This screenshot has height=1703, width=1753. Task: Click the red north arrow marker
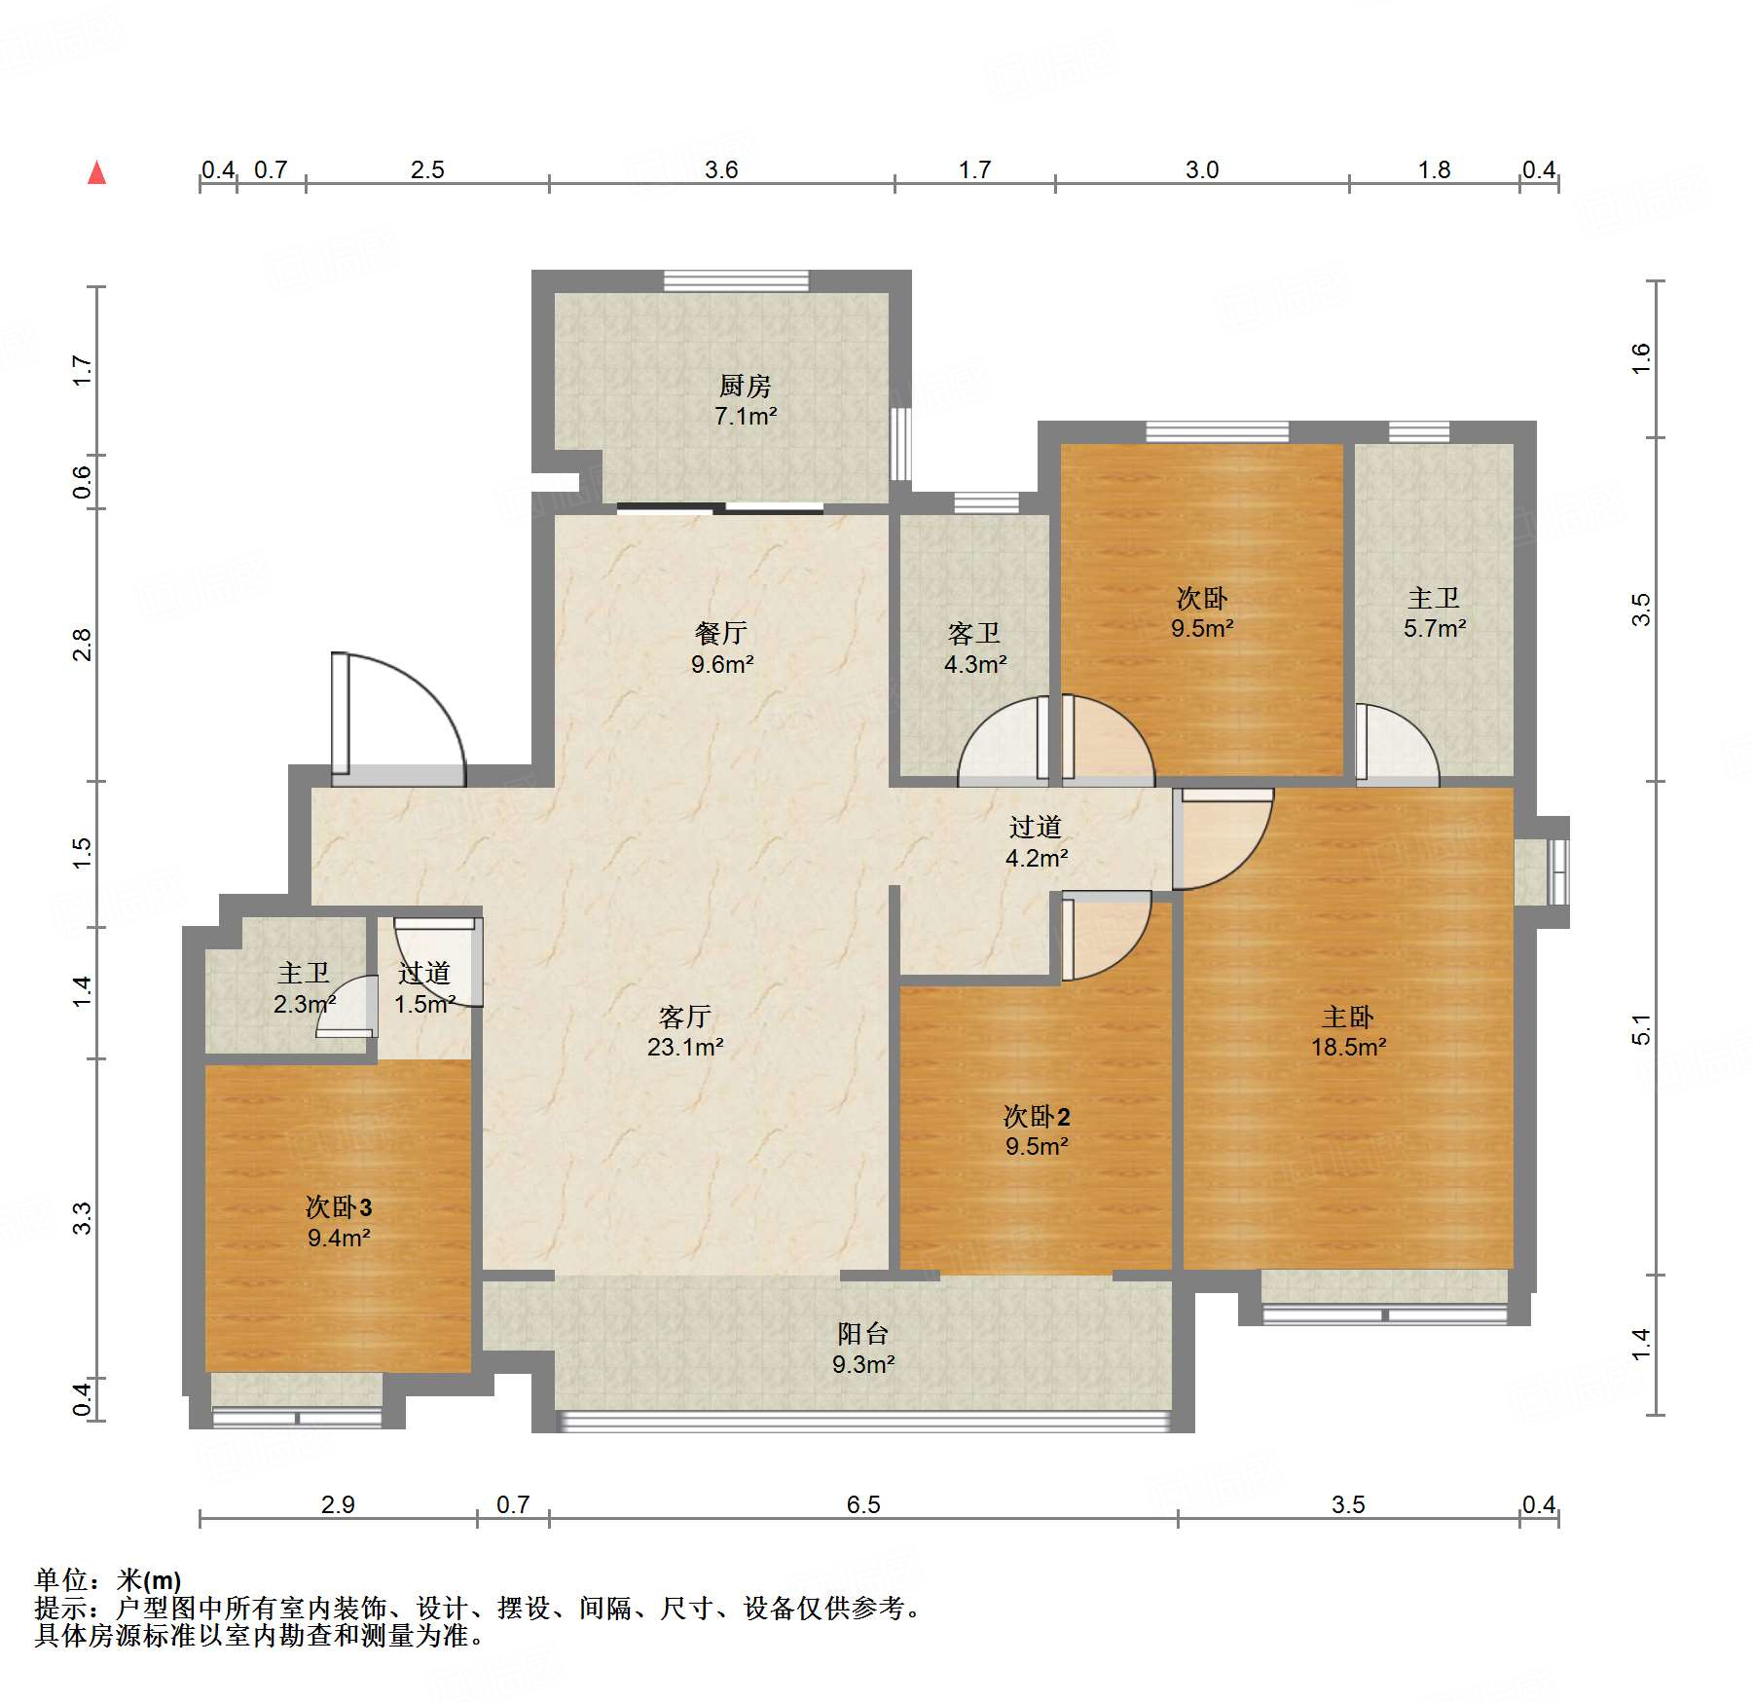(x=96, y=172)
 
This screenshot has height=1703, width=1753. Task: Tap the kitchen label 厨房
(x=746, y=386)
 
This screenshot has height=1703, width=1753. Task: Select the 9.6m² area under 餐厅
(x=722, y=664)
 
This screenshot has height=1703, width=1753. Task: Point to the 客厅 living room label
(x=685, y=1017)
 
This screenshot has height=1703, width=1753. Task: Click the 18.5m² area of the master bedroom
(x=1348, y=1047)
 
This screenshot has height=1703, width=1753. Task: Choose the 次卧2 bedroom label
(x=1037, y=1116)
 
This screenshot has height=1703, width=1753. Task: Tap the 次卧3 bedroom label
(x=339, y=1207)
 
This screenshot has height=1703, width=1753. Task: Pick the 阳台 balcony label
(x=863, y=1333)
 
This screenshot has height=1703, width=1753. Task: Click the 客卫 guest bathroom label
(x=974, y=634)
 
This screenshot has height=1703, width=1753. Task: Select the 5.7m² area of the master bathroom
(x=1435, y=628)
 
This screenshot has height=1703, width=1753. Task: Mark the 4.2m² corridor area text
(x=1037, y=858)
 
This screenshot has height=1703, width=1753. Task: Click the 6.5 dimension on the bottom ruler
(x=863, y=1504)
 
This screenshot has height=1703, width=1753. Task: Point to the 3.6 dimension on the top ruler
(x=721, y=169)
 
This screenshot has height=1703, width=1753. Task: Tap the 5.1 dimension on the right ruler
(x=1641, y=1029)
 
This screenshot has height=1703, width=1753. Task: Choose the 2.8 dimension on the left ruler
(x=82, y=645)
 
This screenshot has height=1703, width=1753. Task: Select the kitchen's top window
(x=736, y=280)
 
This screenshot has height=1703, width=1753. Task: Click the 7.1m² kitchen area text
(x=746, y=416)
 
